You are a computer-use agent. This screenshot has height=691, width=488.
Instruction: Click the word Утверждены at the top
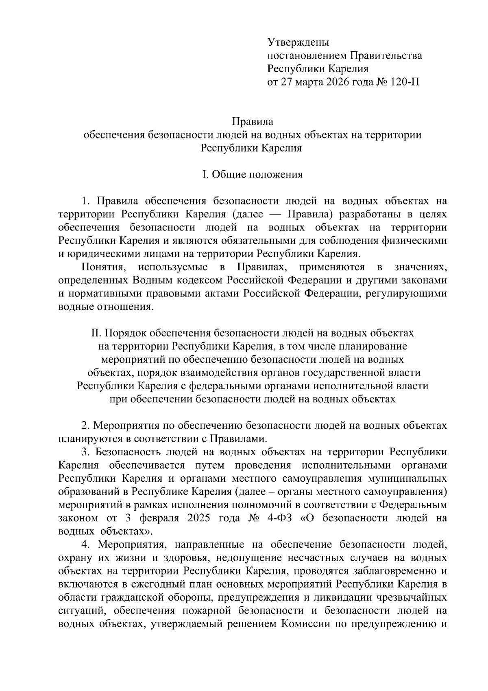pyautogui.click(x=298, y=42)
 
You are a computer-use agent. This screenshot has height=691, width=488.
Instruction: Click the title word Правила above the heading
pyautogui.click(x=252, y=121)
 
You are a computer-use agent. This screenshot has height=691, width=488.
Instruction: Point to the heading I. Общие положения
pyautogui.click(x=252, y=175)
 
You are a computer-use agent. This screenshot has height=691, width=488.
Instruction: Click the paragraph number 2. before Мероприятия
pyautogui.click(x=85, y=426)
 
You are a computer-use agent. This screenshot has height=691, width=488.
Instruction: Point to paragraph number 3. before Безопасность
pyautogui.click(x=85, y=452)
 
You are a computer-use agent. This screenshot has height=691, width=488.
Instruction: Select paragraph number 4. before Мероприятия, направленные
pyautogui.click(x=85, y=545)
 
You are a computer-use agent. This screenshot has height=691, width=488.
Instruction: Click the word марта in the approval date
pyautogui.click(x=308, y=82)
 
